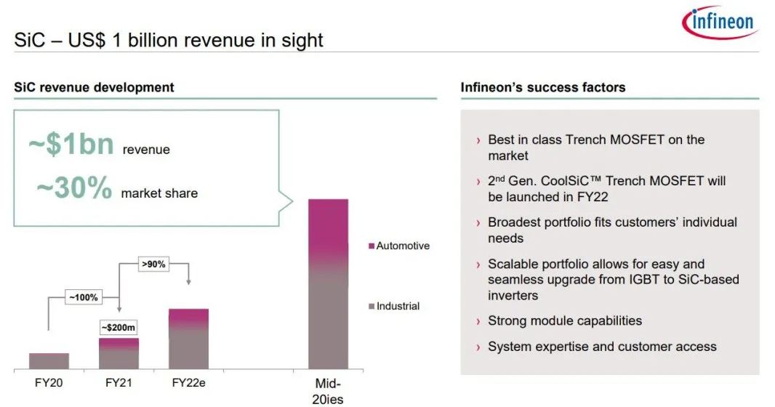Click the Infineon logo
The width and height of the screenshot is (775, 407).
pos(720,23)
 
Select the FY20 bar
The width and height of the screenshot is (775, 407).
pos(49,361)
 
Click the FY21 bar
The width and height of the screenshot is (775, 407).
pos(119,354)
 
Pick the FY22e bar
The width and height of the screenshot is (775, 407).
pos(188,339)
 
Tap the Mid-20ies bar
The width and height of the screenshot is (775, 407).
pos(328,284)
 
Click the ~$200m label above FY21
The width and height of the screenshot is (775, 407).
pos(118,328)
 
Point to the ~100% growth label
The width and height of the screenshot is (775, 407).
pos(84,297)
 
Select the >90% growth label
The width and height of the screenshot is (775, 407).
pos(153,265)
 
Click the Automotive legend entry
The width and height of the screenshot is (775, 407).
pos(399,246)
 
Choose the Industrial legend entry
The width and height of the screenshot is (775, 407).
pos(394,306)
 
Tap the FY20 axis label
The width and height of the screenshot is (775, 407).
pos(49,383)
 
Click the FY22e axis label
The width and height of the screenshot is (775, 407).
pos(188,383)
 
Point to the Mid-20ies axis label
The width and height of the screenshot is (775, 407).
pos(328,391)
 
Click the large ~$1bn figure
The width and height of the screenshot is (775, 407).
pos(71,144)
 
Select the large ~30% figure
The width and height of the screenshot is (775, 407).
pos(74,188)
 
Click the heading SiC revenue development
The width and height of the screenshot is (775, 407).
pos(94,87)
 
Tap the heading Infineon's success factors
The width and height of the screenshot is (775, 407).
pos(542,87)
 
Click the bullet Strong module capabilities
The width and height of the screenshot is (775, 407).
pos(564,321)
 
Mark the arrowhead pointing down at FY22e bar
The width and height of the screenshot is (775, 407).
pos(188,282)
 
